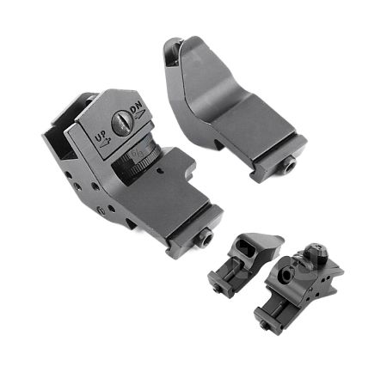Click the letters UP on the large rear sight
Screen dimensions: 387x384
coord(101,137)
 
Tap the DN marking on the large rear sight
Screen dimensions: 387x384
coord(137,110)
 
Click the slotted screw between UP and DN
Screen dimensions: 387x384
coord(123,123)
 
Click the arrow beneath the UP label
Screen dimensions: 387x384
coord(105,143)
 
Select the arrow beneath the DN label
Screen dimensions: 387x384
coord(139,115)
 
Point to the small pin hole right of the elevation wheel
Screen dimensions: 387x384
coord(161,171)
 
